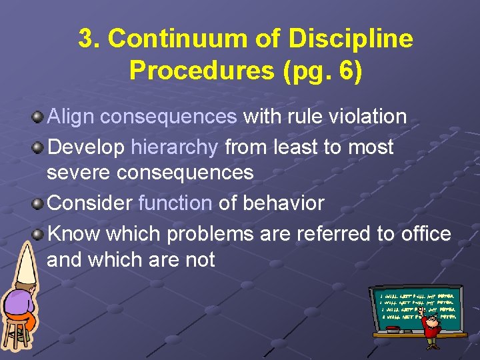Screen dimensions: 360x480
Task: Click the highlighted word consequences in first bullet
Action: coord(169,117)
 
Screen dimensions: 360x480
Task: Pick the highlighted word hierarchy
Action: coord(175,147)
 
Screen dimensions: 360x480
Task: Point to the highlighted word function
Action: coord(175,203)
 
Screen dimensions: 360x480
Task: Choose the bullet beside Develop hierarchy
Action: coord(39,147)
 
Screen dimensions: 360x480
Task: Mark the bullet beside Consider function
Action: coord(39,203)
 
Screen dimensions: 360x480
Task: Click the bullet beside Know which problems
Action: coord(39,233)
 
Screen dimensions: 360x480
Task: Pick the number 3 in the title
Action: coord(85,39)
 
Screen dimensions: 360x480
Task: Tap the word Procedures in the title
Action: coord(203,70)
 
